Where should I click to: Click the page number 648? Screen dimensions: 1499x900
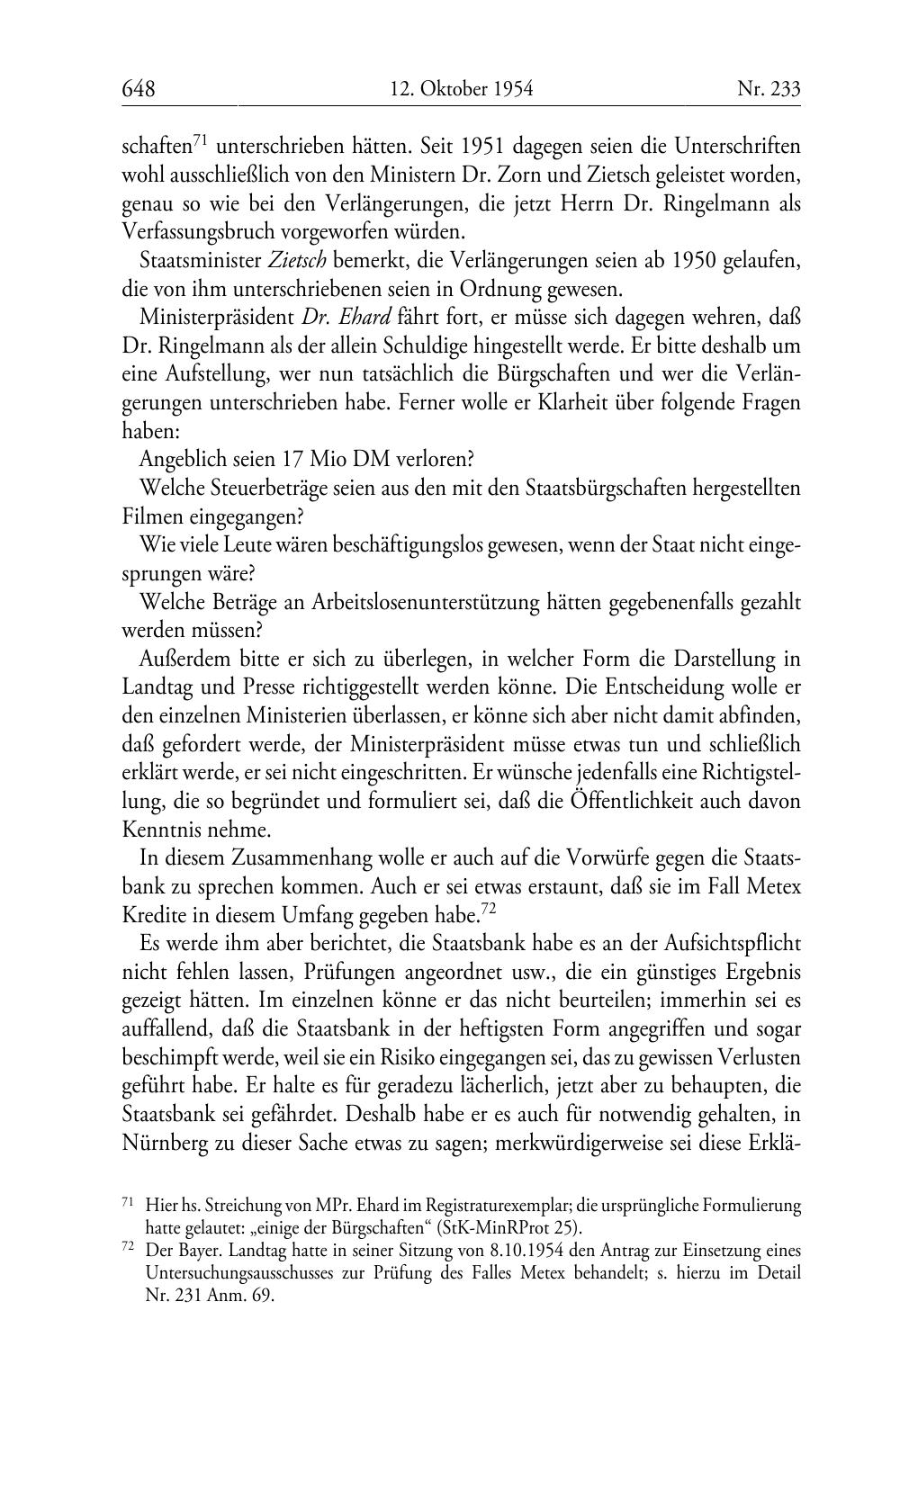pyautogui.click(x=139, y=89)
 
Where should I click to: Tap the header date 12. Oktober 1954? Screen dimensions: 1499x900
pyautogui.click(x=462, y=89)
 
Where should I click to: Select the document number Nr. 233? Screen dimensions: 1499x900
pyautogui.click(x=769, y=89)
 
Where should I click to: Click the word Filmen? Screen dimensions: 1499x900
pyautogui.click(x=148, y=516)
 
